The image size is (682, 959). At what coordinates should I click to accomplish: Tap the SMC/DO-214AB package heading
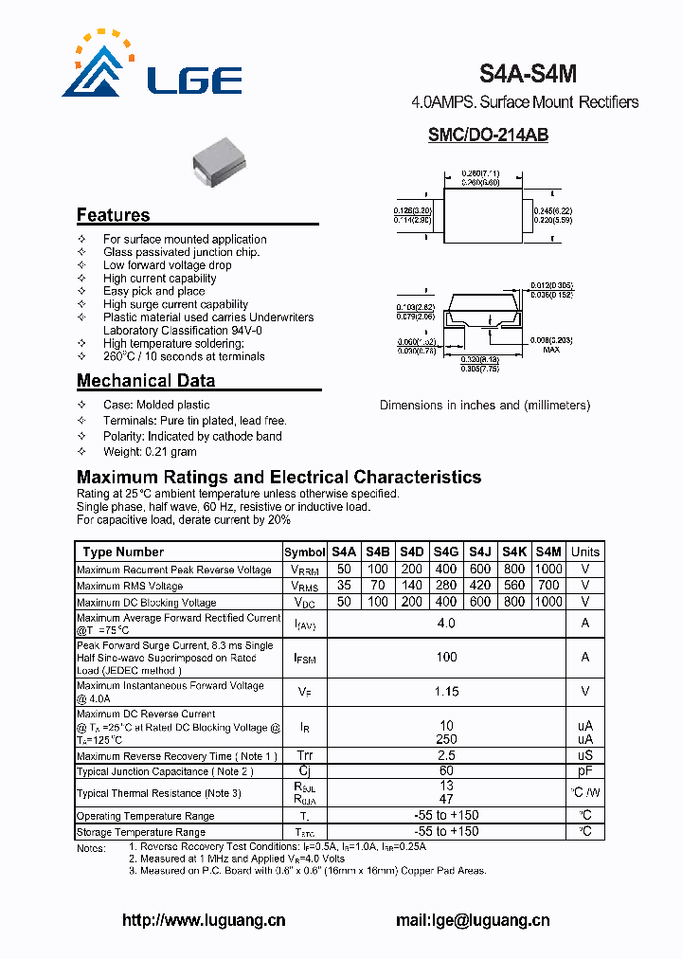(x=488, y=136)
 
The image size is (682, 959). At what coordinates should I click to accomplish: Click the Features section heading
(x=113, y=215)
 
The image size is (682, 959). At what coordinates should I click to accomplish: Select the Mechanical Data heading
(x=146, y=381)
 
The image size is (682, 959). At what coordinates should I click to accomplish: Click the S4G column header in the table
(x=446, y=552)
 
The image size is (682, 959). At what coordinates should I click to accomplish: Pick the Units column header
(x=585, y=552)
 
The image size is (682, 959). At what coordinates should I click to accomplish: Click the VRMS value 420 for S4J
(x=480, y=586)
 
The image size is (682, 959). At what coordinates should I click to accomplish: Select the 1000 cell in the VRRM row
(x=548, y=570)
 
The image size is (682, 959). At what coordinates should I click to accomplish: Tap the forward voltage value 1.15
(x=446, y=692)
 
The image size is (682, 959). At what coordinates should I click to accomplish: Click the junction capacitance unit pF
(x=585, y=771)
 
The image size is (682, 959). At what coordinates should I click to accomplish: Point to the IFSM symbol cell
(x=304, y=657)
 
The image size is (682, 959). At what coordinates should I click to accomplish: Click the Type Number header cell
(x=123, y=552)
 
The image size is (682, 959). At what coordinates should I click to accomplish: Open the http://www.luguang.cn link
(x=205, y=920)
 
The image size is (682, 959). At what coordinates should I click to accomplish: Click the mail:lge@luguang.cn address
(x=472, y=920)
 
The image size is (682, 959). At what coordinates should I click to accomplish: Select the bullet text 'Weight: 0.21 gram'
(x=150, y=452)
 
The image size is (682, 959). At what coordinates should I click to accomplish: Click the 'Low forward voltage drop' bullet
(x=167, y=265)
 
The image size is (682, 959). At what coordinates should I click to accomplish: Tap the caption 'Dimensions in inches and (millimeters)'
(x=484, y=405)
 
